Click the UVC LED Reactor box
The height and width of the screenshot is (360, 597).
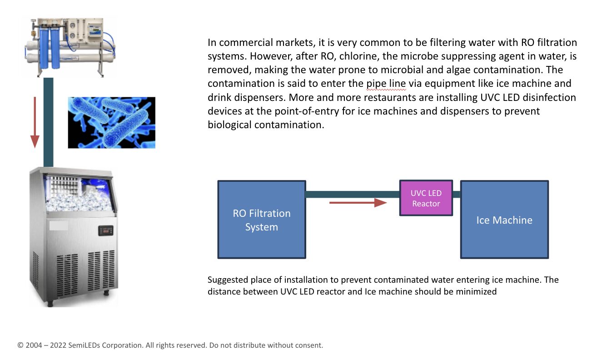pos(426,198)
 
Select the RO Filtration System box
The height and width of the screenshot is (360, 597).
pos(261,220)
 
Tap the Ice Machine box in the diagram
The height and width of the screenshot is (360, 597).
pos(504,220)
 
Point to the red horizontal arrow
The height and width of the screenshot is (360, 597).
pos(358,203)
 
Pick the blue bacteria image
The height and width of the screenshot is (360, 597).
pos(112,122)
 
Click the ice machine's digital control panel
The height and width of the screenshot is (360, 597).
pos(106,230)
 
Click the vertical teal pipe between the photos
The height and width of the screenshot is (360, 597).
pos(48,122)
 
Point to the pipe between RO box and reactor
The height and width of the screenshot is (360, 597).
pos(353,194)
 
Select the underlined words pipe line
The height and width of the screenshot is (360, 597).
pos(386,84)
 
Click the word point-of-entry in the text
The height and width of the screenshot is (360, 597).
pos(307,111)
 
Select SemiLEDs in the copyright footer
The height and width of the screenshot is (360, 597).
pos(84,345)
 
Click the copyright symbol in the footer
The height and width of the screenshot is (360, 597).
pos(20,345)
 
